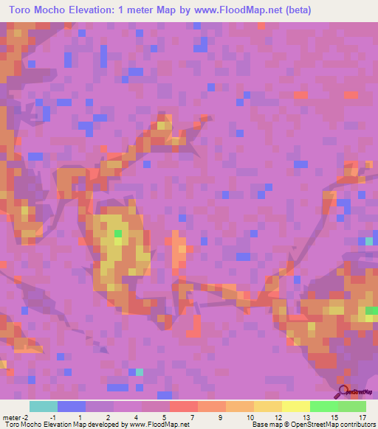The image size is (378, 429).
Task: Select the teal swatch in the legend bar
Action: [x=43, y=406]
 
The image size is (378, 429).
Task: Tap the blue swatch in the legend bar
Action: [x=71, y=406]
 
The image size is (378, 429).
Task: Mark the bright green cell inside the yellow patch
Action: [x=118, y=234]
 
